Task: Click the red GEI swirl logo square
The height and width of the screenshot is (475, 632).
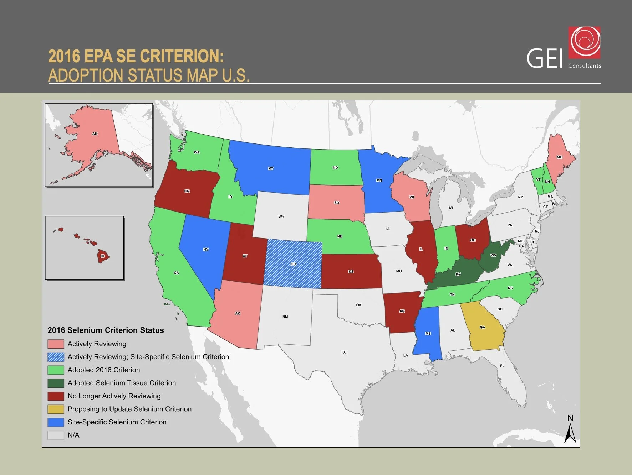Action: [584, 42]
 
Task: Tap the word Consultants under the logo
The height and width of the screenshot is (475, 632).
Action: [584, 66]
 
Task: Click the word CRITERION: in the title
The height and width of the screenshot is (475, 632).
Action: [182, 56]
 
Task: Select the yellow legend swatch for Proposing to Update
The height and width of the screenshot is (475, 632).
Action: [56, 409]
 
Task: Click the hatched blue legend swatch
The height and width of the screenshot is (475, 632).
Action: [56, 357]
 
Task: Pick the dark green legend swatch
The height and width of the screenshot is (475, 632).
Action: [56, 383]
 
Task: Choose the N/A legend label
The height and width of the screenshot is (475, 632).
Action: [73, 435]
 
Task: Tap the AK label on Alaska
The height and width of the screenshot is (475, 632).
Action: [95, 134]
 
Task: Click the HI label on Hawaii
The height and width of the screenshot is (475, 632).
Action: [103, 256]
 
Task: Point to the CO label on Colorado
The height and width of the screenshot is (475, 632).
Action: [293, 264]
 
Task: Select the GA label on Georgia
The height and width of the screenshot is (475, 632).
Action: [482, 327]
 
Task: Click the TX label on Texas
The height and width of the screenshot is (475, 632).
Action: [343, 352]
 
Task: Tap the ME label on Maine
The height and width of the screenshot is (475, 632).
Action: [559, 157]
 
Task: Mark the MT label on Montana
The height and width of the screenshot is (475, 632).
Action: [271, 168]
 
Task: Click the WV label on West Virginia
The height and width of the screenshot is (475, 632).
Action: [493, 255]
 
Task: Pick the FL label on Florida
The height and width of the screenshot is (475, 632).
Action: [502, 366]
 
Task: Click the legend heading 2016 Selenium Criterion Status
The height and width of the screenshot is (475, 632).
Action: [106, 330]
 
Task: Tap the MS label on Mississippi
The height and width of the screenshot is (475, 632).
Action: [428, 334]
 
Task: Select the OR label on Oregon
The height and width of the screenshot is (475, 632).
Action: [187, 191]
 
